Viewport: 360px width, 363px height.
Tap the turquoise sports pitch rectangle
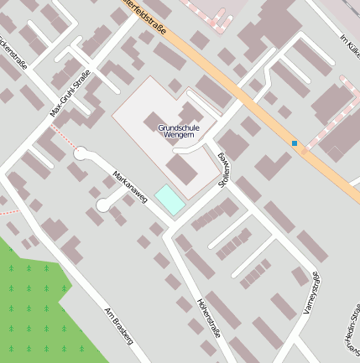(170, 200)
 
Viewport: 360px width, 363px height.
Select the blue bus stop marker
(295, 143)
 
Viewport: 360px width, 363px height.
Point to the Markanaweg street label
(130, 188)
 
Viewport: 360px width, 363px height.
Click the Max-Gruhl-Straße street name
(70, 93)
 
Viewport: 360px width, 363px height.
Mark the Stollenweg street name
(224, 170)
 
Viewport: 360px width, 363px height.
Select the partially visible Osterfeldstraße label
(146, 17)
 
